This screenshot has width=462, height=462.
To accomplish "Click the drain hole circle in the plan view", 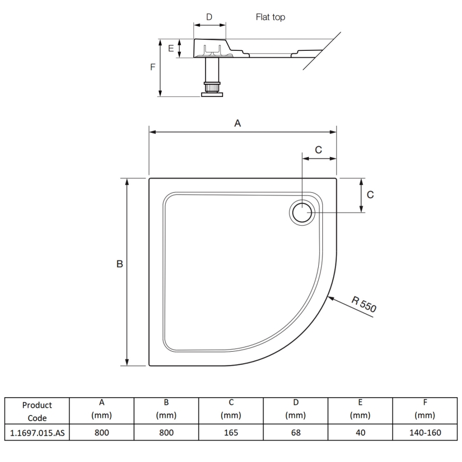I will (302, 213).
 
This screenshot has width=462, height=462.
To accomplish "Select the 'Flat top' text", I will (271, 17).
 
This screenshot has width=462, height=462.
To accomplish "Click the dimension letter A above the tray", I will (237, 122).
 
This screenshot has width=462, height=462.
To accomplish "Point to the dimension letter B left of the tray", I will (120, 264).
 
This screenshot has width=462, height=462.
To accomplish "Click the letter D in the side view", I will (209, 17).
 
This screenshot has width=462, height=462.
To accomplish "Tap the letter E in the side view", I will (171, 49).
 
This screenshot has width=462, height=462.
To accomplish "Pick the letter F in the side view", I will (152, 67).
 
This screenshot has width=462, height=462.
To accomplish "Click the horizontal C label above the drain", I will (318, 150).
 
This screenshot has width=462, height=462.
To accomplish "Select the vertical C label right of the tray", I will (370, 195).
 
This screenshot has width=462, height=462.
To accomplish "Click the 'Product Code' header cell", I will (37, 411).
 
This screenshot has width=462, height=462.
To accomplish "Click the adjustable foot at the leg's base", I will (211, 90).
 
